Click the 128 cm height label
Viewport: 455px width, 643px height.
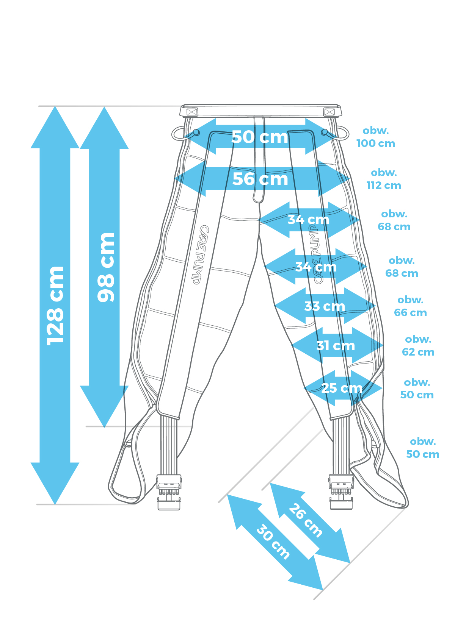pos(55,305)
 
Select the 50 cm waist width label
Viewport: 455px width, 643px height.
pos(260,137)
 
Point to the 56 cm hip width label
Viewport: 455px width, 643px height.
pos(260,179)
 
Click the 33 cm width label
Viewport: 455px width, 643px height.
pos(325,306)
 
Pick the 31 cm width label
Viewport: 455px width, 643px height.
pos(336,345)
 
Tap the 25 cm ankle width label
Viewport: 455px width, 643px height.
pos(342,388)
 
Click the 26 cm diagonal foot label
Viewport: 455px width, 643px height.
pos(306,520)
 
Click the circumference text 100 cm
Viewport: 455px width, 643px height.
pos(375,144)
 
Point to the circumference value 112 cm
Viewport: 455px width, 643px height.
pos(384,186)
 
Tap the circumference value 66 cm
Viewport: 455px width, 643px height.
pos(410,313)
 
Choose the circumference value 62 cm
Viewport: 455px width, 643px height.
pos(418,352)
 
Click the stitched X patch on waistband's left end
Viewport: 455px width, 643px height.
pos(192,112)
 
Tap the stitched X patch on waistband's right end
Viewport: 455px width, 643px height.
pos(329,112)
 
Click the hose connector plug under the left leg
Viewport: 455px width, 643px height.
pos(169,492)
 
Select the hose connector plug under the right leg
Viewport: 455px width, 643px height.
pos(341,492)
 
